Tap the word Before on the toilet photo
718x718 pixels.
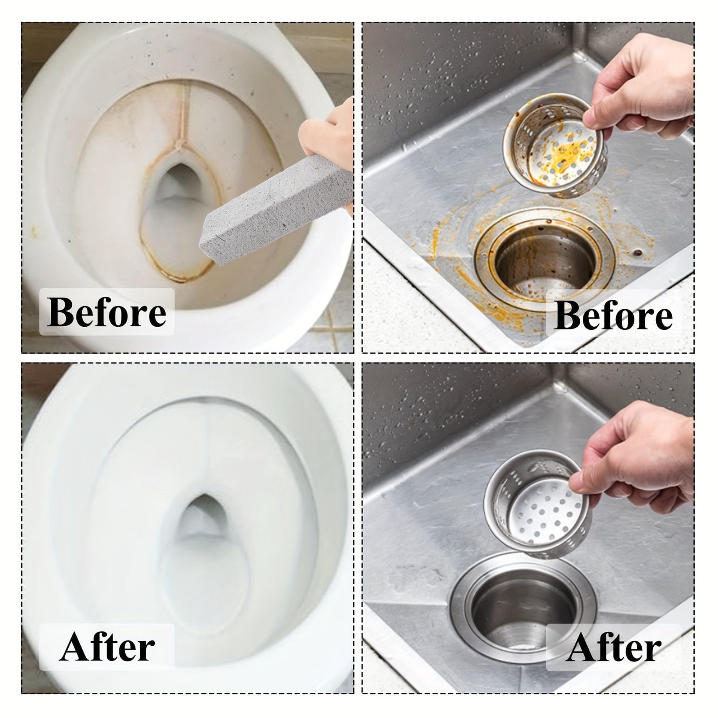106,312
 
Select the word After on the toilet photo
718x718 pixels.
107,648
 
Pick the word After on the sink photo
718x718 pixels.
613,648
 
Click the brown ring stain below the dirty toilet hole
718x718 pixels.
179,265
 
